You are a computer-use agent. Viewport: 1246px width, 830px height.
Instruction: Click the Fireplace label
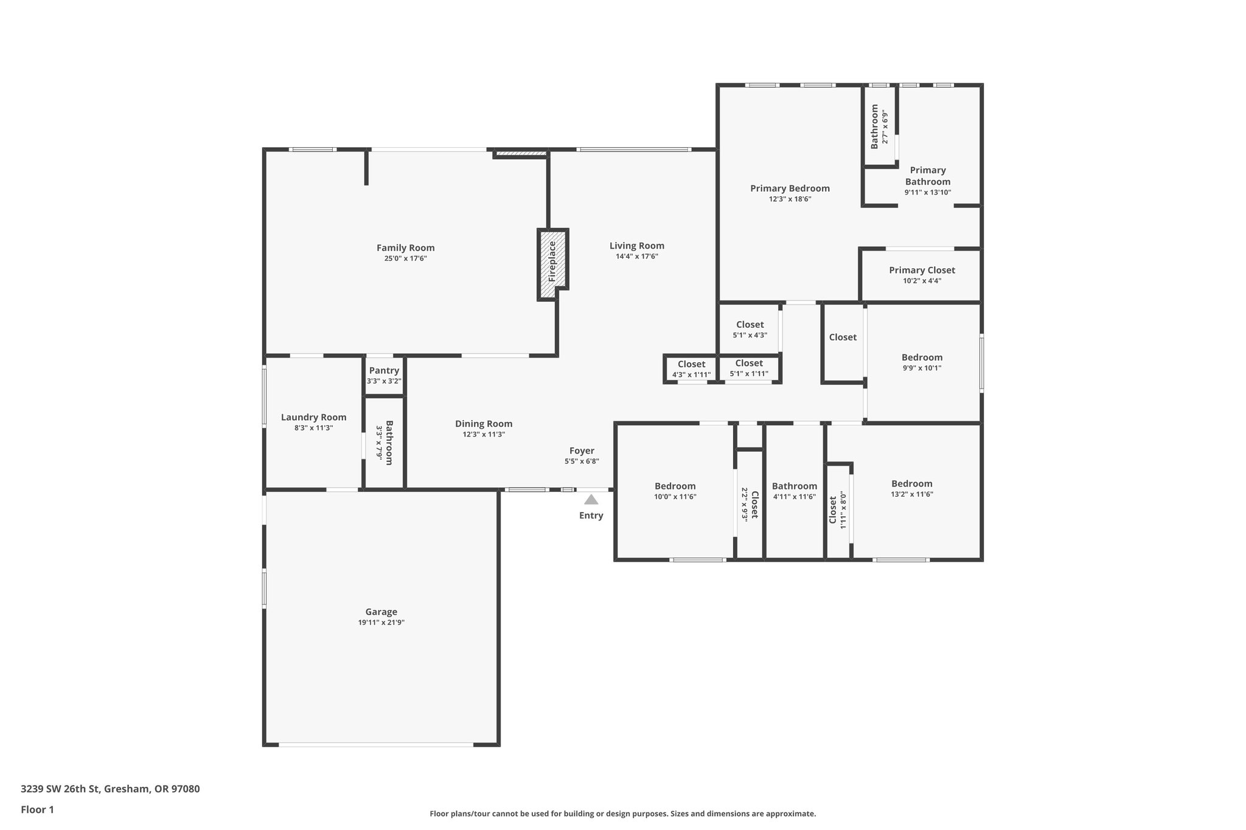[x=552, y=261]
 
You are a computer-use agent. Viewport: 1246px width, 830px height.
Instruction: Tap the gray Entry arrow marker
[x=591, y=500]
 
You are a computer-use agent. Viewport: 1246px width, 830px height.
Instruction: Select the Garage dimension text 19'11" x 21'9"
[x=381, y=623]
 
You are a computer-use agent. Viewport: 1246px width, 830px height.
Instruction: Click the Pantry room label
[x=384, y=370]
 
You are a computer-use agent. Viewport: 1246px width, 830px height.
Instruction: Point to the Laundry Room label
[x=313, y=417]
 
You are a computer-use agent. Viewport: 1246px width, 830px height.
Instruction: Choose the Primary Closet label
[x=922, y=270]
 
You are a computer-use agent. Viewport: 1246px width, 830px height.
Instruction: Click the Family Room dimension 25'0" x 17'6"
[x=405, y=258]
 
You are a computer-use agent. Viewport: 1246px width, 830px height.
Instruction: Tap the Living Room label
[x=637, y=246]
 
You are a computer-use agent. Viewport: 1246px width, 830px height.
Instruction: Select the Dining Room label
[x=484, y=424]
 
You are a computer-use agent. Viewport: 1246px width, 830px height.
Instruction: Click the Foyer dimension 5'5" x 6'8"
[x=582, y=462]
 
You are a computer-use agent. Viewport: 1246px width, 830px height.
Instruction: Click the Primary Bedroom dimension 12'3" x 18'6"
[x=790, y=199]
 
